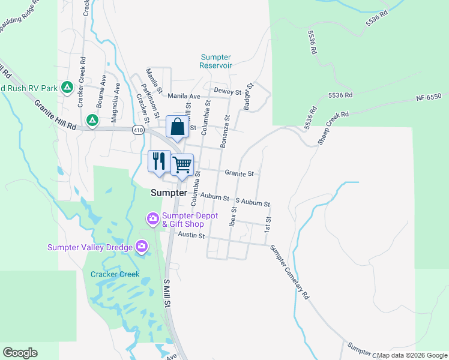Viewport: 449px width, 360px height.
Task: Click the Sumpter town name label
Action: pyautogui.click(x=169, y=193)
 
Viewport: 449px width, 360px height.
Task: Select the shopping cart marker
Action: pyautogui.click(x=182, y=164)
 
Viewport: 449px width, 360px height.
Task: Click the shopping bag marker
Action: pyautogui.click(x=177, y=127)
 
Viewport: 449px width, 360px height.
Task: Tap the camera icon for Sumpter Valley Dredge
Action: pyautogui.click(x=142, y=246)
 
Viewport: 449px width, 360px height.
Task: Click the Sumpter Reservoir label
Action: pyautogui.click(x=215, y=61)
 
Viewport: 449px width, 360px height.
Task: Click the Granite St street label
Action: pyautogui.click(x=240, y=173)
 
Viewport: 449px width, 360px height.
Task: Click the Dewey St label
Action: pyautogui.click(x=228, y=92)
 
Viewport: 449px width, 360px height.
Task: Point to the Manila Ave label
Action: pyautogui.click(x=184, y=96)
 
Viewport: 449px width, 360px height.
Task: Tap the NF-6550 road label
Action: pyautogui.click(x=429, y=97)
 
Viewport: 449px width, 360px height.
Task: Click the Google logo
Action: pyautogui.click(x=20, y=353)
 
